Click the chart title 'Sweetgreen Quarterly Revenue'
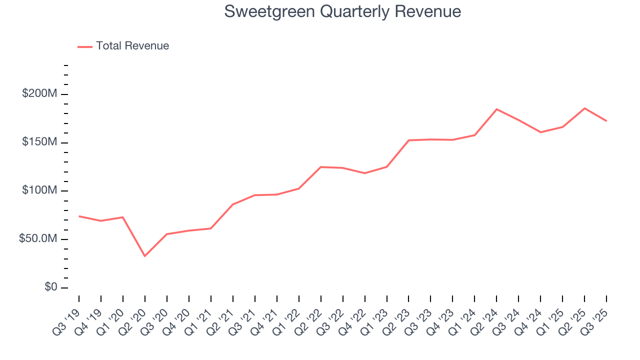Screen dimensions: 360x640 [x=342, y=11]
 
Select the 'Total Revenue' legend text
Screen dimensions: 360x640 [x=132, y=46]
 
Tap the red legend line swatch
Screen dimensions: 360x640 [x=85, y=46]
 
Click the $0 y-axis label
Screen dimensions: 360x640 [x=50, y=287]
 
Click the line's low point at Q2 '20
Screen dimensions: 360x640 [x=145, y=256]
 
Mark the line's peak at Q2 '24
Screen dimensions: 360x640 [x=496, y=109]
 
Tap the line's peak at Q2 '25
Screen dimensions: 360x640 [x=584, y=108]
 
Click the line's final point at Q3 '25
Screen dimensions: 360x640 [x=606, y=121]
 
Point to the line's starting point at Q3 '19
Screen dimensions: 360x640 [x=79, y=216]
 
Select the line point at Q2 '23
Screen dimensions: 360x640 [x=408, y=140]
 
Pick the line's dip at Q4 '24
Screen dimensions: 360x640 [x=540, y=132]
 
